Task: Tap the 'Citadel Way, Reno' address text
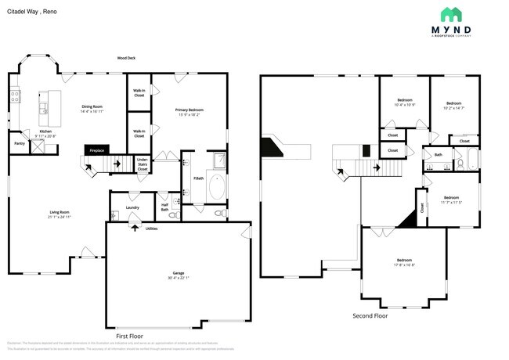32,13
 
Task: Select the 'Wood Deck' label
126,58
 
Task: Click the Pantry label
20,143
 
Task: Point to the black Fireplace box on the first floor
97,149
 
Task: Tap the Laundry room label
132,207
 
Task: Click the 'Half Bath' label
164,208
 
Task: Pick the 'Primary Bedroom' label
190,112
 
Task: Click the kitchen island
54,103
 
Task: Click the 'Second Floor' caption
370,316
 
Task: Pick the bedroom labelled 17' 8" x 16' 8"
404,261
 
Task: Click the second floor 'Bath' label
439,155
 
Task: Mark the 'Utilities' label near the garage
151,229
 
